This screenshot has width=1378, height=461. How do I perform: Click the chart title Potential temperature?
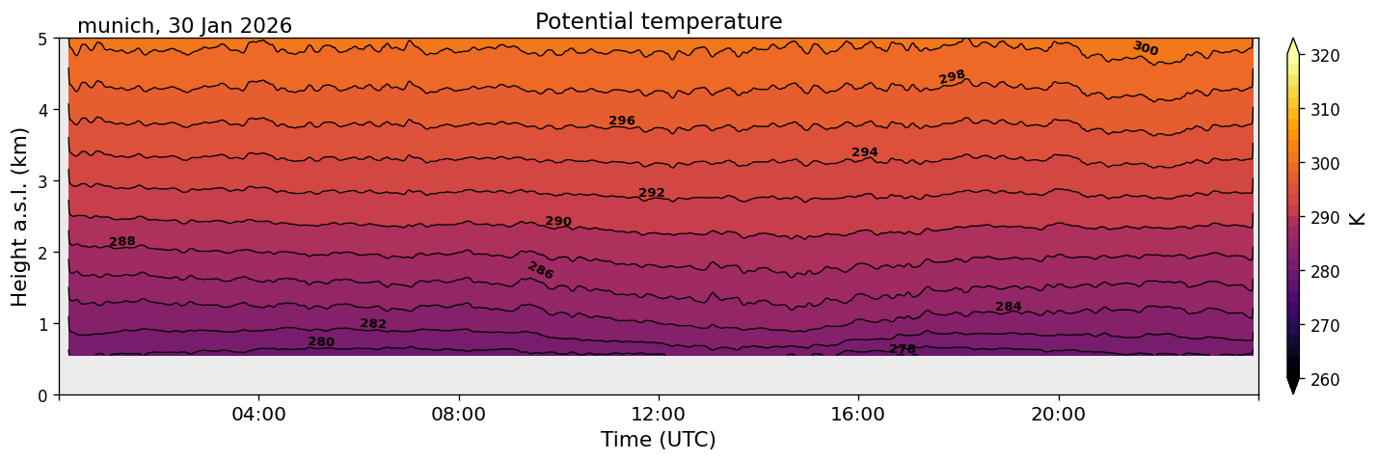coord(659,21)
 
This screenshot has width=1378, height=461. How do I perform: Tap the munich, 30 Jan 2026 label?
coord(184,26)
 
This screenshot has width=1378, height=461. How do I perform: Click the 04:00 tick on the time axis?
coord(259,415)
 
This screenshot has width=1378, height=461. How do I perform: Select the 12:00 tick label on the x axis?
coord(659,415)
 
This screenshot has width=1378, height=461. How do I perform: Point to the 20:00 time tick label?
coord(1059,415)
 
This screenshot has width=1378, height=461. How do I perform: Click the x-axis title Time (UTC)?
coord(659,440)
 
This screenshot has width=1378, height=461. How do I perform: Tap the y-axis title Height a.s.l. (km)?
coord(20,216)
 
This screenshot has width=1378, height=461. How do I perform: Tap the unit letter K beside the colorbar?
coord(1359,218)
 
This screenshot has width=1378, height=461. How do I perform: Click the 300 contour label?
coord(1145,48)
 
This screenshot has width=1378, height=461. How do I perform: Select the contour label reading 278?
coord(903,349)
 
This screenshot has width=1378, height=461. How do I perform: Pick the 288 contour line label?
coord(122,242)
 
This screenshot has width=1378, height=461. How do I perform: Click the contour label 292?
coord(652,193)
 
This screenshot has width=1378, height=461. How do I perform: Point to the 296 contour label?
coord(622,121)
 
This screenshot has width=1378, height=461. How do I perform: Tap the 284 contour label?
coord(1009,307)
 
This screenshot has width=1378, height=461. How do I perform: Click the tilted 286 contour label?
coord(541,271)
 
